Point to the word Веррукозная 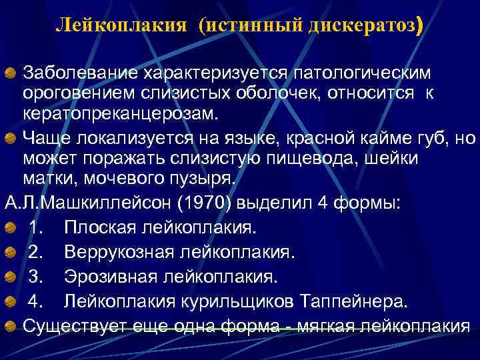click(x=115, y=252)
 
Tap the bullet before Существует click(x=11, y=326)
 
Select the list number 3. click(x=33, y=276)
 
